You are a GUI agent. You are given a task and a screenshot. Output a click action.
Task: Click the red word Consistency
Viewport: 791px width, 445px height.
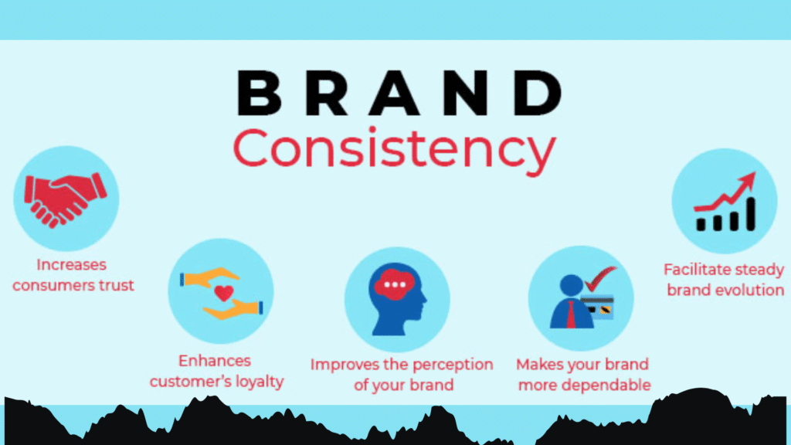click(x=394, y=149)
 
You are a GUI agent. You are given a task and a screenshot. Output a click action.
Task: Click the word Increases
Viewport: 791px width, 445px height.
click(x=70, y=265)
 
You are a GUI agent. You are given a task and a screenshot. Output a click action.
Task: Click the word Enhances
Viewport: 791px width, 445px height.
click(x=215, y=361)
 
